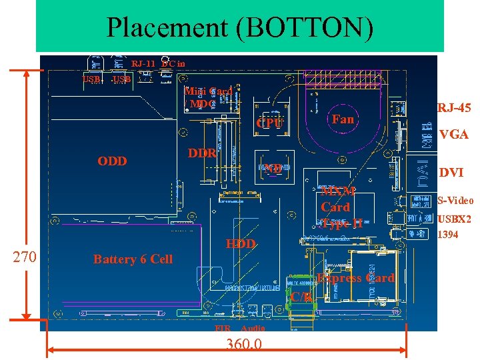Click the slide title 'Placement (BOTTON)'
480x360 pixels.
[240, 28]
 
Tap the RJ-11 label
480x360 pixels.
[143, 64]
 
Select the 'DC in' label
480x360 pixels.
[173, 64]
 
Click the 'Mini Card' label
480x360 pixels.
[208, 91]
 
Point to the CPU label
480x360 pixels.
[269, 124]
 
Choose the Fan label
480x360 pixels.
[343, 119]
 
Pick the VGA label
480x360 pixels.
[453, 135]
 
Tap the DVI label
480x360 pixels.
[451, 173]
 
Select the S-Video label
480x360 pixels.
[455, 201]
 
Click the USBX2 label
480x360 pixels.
[454, 219]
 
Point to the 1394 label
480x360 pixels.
[447, 235]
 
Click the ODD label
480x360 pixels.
[112, 161]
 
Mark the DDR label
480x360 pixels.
[201, 153]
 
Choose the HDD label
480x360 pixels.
[241, 244]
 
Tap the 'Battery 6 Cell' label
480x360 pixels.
[133, 259]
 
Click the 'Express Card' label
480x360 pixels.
[355, 278]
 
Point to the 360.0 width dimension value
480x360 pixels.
[243, 344]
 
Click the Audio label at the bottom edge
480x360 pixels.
[253, 329]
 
